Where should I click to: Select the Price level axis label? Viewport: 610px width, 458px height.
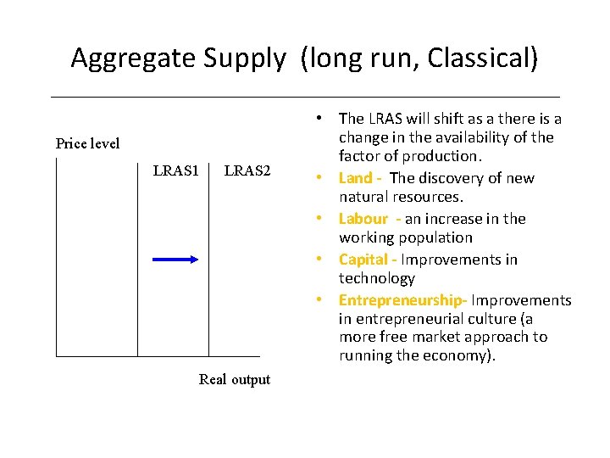[87, 143]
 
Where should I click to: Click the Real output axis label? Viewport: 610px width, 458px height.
[235, 379]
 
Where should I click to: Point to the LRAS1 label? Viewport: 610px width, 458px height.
[176, 171]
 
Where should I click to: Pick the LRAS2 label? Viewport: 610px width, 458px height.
[247, 171]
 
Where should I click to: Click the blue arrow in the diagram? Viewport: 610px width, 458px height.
[175, 260]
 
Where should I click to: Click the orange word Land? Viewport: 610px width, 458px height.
[355, 177]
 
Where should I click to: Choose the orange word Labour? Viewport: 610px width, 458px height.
[363, 219]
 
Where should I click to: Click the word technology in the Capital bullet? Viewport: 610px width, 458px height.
[377, 278]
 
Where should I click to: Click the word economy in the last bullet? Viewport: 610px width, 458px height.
[465, 355]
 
